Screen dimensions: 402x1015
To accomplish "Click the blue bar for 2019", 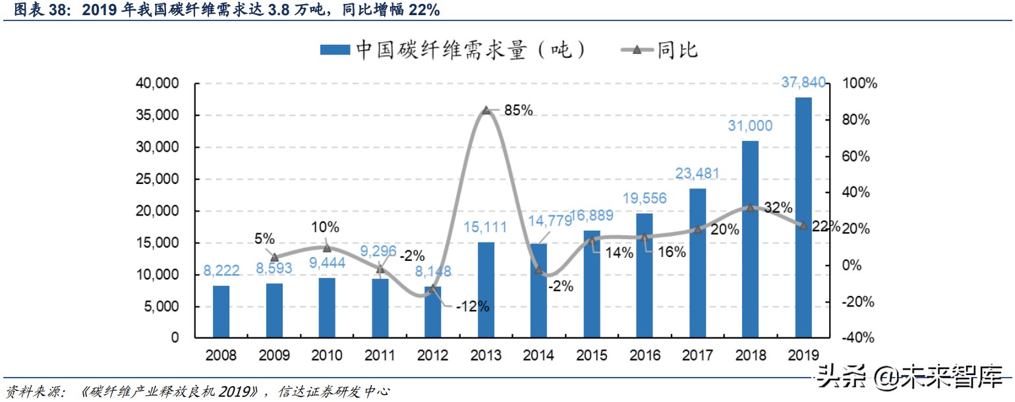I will (803, 217).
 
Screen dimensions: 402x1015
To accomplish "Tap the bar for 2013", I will (486, 290).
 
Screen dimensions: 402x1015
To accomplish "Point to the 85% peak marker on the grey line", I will (486, 110).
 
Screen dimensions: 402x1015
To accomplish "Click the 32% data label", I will (778, 208).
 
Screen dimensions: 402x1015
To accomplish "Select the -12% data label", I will (472, 306).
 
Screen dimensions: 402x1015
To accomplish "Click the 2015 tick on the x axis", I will (591, 355).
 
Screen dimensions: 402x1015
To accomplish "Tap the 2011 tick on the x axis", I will (380, 355).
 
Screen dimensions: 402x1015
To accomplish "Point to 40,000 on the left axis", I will (156, 84).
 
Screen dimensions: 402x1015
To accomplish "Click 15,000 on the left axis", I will (156, 243).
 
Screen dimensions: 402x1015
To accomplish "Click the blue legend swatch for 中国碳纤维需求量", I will (335, 50).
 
